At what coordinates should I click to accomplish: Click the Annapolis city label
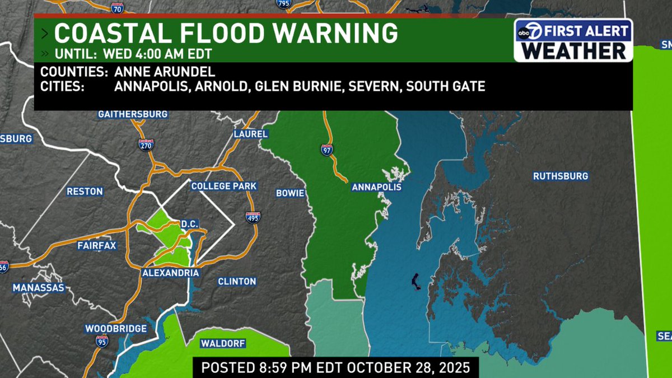376,187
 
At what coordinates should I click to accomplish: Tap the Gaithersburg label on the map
133,114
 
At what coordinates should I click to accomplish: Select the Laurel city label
251,134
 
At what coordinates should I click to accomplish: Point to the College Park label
223,186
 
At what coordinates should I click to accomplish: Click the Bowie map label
290,193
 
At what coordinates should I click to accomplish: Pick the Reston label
85,192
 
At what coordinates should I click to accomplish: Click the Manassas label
39,288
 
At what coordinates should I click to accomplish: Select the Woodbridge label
116,329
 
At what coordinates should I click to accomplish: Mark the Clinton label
237,281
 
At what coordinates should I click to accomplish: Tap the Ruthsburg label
560,176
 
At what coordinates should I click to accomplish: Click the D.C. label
190,223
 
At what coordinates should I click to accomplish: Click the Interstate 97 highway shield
326,150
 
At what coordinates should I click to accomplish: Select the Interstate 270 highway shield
146,145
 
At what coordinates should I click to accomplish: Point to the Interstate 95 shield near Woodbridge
101,341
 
